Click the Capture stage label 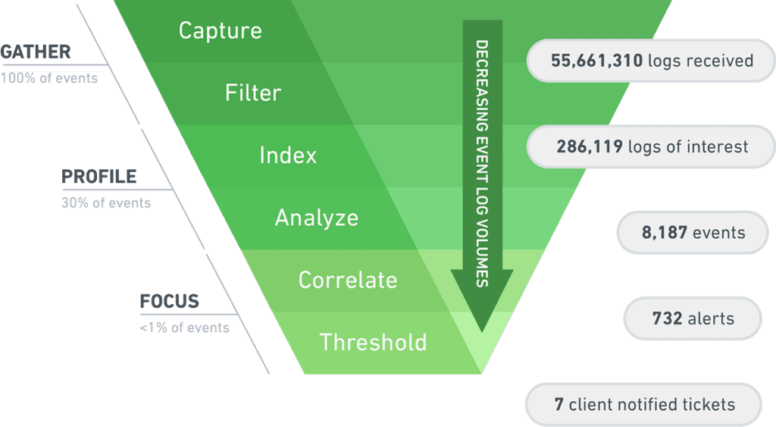(220, 31)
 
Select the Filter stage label (252, 93)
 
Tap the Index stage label (287, 155)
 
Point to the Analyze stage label (316, 218)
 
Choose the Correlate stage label (347, 280)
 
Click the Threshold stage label (373, 342)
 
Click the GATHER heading (36, 52)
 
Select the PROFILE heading (99, 177)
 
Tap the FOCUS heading (169, 302)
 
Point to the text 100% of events (49, 77)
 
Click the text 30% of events (105, 203)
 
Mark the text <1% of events (184, 328)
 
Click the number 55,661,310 (597, 60)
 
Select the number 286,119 (590, 146)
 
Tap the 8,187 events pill (693, 233)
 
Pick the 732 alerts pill (693, 318)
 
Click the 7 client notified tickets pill (644, 404)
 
